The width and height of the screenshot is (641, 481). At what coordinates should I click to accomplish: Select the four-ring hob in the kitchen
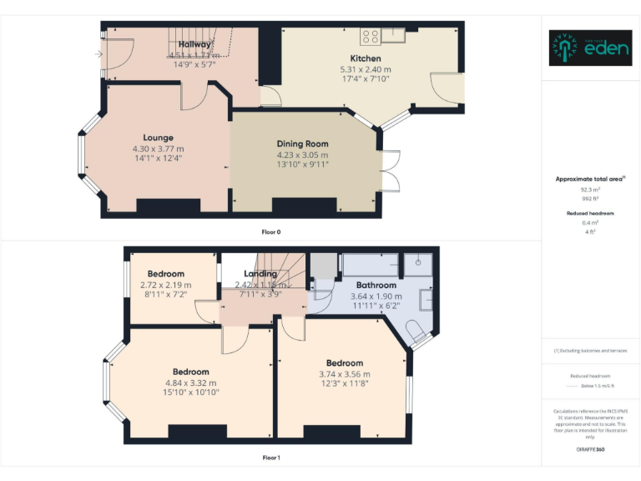point(371,37)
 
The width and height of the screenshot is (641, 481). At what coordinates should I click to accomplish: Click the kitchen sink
point(392,36)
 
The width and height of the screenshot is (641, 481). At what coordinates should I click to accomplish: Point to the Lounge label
point(158,138)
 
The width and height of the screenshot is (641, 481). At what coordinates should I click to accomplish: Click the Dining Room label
point(303,144)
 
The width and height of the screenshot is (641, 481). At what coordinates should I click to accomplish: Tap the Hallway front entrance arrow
point(99,55)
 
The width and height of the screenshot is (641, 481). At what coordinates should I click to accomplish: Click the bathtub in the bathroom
point(368,265)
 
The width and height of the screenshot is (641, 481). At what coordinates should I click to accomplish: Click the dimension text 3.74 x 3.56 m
point(345,374)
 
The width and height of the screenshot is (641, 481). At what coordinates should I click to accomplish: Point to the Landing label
point(260,274)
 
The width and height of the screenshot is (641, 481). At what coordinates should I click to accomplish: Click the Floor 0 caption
point(271,231)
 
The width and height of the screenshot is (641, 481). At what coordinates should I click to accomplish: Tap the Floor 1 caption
point(271,458)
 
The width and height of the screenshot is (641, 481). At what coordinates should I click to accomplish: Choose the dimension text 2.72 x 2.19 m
point(166,285)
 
